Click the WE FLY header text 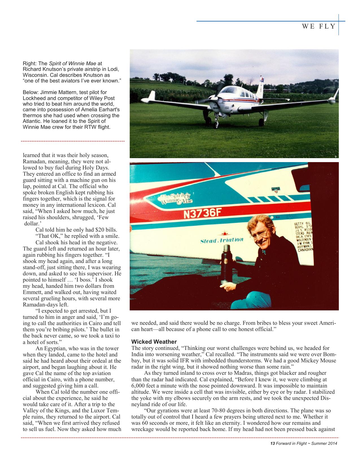point(319,27)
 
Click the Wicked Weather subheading point(154,342)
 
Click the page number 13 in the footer point(272,443)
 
